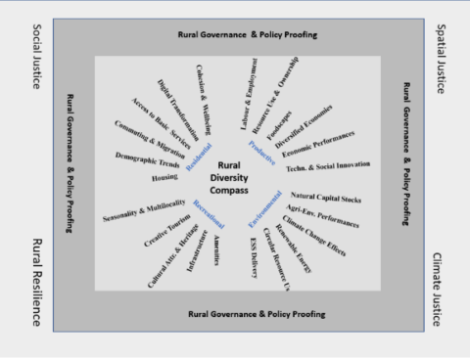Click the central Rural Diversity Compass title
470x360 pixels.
[x=230, y=177]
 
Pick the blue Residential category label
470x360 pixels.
[x=198, y=153]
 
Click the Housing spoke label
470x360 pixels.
[x=164, y=178]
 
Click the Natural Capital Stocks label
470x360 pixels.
[x=328, y=196]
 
